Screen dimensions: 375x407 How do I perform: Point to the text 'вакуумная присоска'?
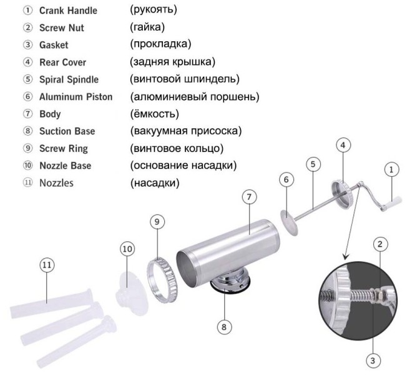[185, 131]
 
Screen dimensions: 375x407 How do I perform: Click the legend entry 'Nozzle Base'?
[66, 166]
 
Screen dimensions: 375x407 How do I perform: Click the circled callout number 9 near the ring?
[158, 222]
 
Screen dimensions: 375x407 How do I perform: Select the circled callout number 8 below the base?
[224, 326]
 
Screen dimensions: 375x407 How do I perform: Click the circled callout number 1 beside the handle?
[391, 169]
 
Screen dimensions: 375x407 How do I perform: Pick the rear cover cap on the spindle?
[343, 192]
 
